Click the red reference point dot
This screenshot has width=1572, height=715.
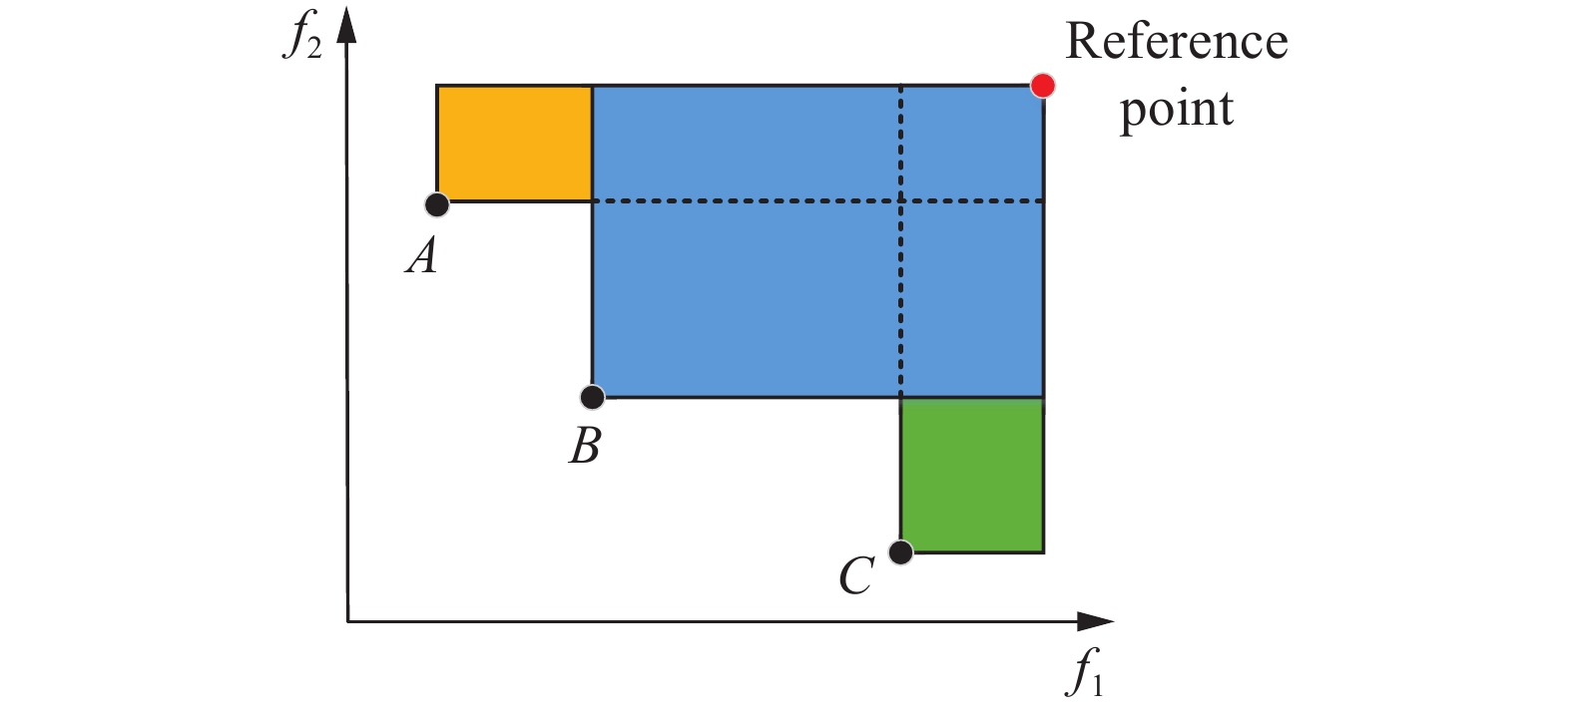point(1043,86)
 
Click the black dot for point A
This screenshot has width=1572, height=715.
point(437,204)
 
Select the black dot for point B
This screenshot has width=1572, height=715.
point(592,398)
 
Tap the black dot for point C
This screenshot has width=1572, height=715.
point(900,551)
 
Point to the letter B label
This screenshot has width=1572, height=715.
point(585,446)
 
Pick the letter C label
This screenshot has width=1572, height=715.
point(856,576)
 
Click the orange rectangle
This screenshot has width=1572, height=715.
point(514,144)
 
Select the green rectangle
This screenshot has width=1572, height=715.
point(972,475)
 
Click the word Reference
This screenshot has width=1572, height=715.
point(1177,42)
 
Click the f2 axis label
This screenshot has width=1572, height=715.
point(302,36)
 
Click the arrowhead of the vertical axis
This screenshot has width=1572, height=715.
point(346,25)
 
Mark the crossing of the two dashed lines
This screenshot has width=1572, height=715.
point(901,201)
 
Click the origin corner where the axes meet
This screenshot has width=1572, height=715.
point(347,622)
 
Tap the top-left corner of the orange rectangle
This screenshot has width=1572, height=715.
point(437,86)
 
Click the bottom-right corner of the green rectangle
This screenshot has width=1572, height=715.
point(1043,551)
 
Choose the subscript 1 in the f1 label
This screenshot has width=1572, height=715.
point(1097,684)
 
